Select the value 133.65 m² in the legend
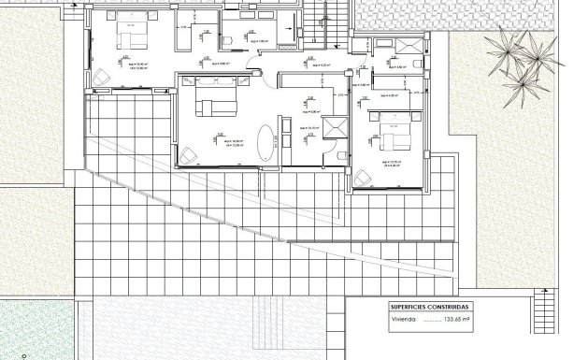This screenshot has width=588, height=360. pyautogui.click(x=454, y=320)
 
